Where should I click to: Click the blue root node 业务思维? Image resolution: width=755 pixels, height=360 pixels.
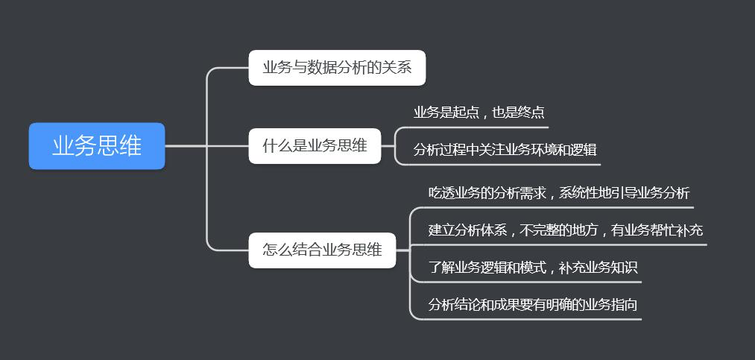point(97,146)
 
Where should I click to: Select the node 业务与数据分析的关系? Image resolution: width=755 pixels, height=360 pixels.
point(337,68)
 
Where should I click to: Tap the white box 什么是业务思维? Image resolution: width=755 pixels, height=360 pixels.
point(315,145)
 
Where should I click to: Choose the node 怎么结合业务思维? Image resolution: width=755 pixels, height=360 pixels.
point(322,250)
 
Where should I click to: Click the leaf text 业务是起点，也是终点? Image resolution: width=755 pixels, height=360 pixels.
point(478,113)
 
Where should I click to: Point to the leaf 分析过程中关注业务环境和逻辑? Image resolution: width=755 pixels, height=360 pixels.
point(505,149)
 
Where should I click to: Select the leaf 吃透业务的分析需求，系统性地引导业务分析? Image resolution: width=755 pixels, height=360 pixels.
point(559,192)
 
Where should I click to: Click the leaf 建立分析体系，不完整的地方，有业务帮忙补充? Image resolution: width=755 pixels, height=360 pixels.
point(565,230)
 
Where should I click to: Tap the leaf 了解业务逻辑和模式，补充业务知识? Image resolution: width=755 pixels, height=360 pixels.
point(532,267)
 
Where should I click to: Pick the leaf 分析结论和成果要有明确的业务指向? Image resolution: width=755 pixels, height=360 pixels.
point(532,304)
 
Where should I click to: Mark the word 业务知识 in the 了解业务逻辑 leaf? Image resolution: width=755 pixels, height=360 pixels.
point(607,267)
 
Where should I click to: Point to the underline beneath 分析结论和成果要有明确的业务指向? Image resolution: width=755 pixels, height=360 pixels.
point(529,319)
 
